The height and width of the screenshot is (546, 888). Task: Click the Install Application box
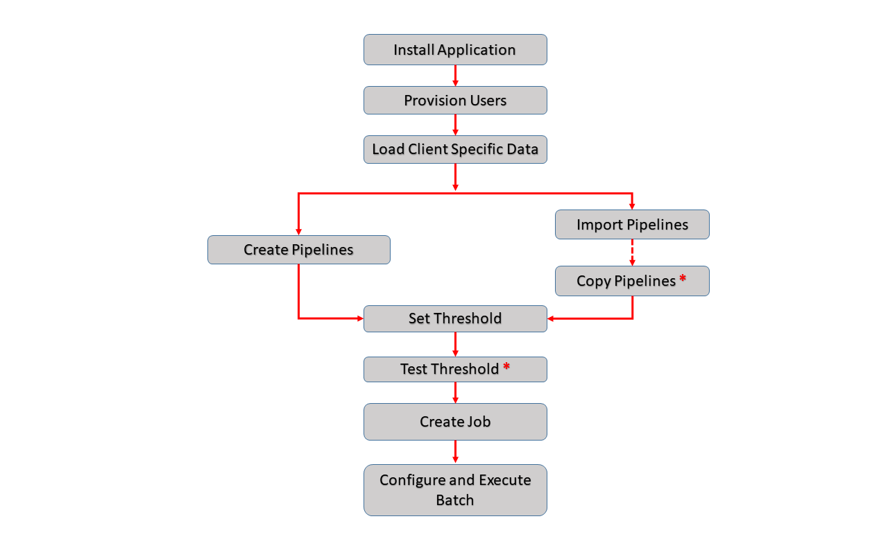coord(455,50)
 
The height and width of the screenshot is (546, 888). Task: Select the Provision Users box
coord(455,101)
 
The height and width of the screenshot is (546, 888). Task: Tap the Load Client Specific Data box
coord(455,150)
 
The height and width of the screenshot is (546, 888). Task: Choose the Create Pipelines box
coord(298,250)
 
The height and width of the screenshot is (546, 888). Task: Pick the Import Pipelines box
coord(632,225)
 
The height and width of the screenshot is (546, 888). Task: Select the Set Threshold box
coord(455,318)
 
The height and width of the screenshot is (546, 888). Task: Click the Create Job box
coord(455,422)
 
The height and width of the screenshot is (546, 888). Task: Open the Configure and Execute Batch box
coord(455,490)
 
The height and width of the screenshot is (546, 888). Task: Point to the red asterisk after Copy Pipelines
coord(683,279)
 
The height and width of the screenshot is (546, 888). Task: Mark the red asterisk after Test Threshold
coord(506,367)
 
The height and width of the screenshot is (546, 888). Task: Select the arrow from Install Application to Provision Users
coord(455,76)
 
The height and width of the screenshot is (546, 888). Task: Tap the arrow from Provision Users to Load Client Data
coord(455,125)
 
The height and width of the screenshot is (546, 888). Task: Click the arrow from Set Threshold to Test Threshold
coord(455,344)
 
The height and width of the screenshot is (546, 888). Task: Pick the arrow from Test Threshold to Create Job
coord(455,393)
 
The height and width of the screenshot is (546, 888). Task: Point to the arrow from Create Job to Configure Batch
coord(455,452)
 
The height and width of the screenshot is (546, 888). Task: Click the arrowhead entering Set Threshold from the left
coord(359,318)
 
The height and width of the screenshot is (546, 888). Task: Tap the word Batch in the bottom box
coord(455,500)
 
